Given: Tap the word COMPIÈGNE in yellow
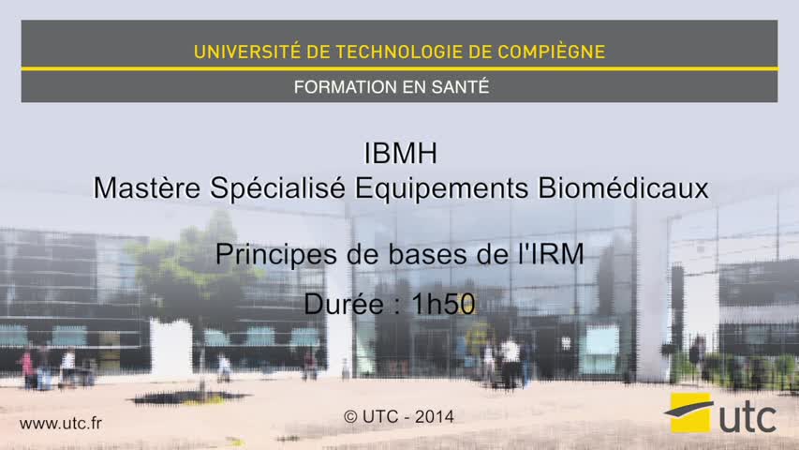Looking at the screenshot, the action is [552, 52].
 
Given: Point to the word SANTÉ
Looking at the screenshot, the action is [460, 87].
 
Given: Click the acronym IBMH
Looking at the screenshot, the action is [401, 153].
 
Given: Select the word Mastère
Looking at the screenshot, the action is [147, 187].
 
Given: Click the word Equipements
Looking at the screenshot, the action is [441, 188].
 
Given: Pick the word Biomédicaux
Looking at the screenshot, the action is [623, 187].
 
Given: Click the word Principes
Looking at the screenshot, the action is [275, 255].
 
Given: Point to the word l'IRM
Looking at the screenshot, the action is [551, 254].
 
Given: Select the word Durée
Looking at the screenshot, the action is [344, 304].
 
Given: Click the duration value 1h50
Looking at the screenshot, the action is [443, 304].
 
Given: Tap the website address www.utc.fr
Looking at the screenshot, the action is [61, 423].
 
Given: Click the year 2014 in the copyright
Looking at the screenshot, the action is [434, 417].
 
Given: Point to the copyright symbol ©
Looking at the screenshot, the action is [350, 417].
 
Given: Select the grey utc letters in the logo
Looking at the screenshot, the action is [747, 418].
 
